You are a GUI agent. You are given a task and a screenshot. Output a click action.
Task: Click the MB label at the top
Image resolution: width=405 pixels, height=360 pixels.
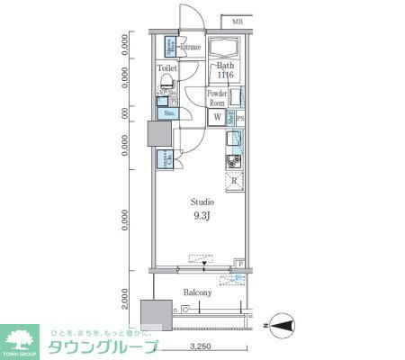click(x=238, y=21)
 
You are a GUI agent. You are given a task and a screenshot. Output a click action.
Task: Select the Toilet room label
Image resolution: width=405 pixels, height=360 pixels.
click(x=167, y=67)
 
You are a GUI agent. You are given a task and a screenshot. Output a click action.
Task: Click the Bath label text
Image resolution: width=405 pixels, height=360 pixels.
click(x=225, y=65)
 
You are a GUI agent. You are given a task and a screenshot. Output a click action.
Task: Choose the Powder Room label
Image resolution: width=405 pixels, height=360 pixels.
click(x=217, y=98)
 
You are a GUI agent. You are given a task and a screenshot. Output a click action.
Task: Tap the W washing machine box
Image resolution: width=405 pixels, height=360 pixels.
click(x=217, y=116)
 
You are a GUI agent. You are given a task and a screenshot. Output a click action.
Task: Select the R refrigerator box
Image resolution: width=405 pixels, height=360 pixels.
click(x=234, y=179)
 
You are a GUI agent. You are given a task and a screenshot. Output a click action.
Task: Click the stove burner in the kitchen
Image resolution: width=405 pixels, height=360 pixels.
click(x=233, y=162)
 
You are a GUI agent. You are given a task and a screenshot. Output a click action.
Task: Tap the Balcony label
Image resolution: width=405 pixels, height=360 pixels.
click(x=198, y=292)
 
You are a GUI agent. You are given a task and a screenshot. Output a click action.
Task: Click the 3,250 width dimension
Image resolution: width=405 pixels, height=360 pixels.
click(x=200, y=346)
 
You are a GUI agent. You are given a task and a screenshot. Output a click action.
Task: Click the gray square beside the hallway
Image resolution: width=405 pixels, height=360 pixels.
click(x=158, y=134)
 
